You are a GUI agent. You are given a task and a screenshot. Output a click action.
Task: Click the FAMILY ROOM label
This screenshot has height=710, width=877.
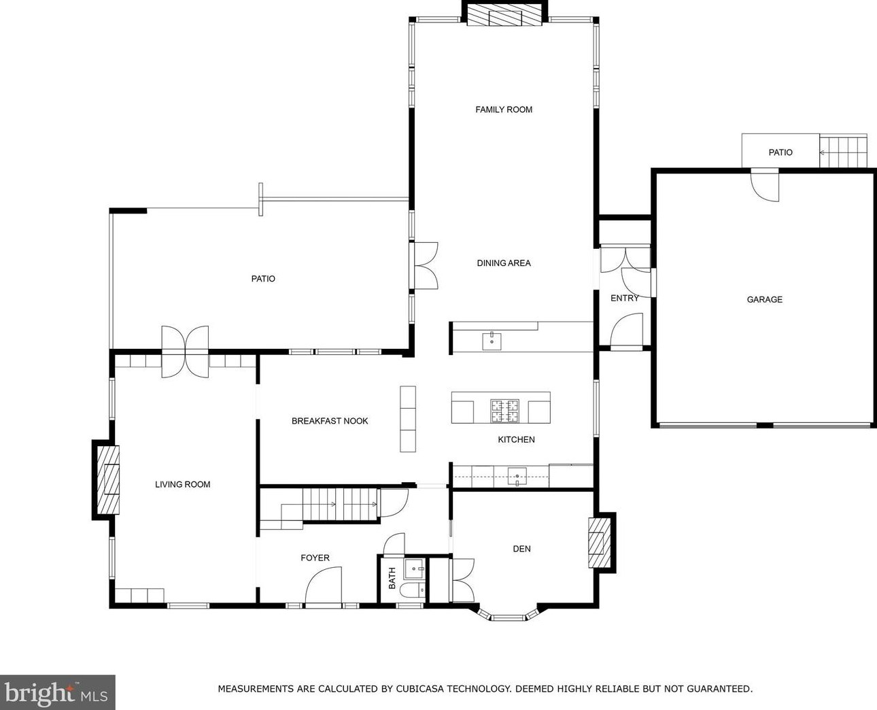tap(504, 109)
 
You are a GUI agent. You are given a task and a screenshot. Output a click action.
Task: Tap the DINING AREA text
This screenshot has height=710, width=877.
tap(504, 263)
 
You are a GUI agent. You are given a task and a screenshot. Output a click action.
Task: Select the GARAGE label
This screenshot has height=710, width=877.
tap(765, 299)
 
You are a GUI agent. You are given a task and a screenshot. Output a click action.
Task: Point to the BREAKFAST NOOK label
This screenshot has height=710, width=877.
tap(330, 421)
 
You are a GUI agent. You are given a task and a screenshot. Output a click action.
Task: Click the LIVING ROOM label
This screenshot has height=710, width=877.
tap(182, 484)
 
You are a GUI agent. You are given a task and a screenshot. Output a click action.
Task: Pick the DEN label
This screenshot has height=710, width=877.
tap(521, 549)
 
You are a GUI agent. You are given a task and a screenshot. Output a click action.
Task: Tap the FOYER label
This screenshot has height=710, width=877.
tap(315, 558)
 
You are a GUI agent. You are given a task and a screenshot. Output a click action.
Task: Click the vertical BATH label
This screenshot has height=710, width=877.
tap(392, 578)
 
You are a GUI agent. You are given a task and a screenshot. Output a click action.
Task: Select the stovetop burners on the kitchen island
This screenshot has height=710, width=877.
tap(504, 411)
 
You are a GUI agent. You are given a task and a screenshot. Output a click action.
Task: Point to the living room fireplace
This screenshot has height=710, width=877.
tap(108, 479)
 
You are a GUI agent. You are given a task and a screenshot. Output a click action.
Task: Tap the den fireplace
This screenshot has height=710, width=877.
tap(599, 543)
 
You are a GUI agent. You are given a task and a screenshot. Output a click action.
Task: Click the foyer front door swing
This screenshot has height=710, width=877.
tap(324, 585)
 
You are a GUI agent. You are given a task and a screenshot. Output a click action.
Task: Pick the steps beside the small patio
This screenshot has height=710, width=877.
tap(843, 152)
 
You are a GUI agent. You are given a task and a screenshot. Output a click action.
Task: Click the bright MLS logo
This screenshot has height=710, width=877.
tap(57, 692)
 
